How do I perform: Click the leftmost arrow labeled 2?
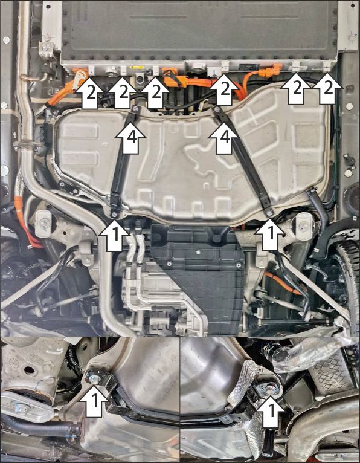click(x=90, y=92)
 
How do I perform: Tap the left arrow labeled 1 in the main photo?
click(x=114, y=235)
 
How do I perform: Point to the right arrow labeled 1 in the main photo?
click(x=270, y=235)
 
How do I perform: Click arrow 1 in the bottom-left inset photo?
click(x=94, y=400)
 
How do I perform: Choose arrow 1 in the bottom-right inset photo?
click(x=271, y=411)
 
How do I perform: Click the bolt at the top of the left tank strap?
click(x=136, y=109)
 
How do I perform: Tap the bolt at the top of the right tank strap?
click(x=218, y=110)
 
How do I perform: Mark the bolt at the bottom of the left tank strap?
click(x=114, y=215)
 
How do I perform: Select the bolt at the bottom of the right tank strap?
click(x=269, y=212)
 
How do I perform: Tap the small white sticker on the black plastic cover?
click(x=199, y=252)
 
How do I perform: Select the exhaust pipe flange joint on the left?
click(x=27, y=145)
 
